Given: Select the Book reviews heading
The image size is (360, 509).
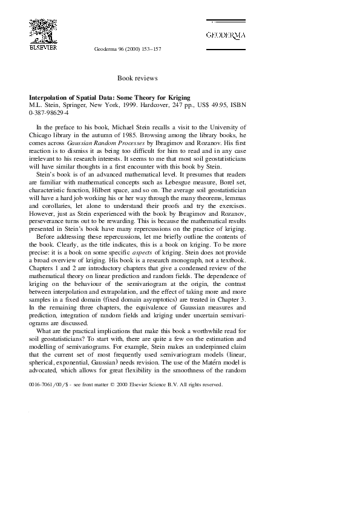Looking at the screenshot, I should click(138, 79).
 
